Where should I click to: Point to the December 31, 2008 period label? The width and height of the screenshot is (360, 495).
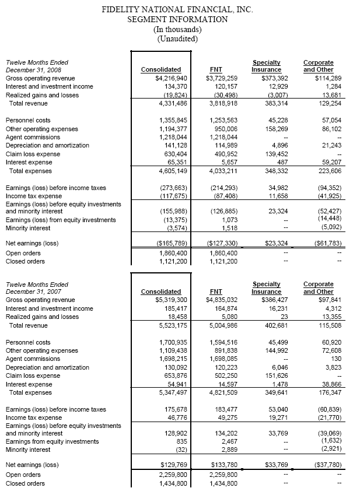pyautogui.click(x=37, y=70)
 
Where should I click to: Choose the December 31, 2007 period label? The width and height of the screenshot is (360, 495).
pyautogui.click(x=37, y=292)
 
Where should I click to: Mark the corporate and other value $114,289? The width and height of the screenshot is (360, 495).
pyautogui.click(x=318, y=78)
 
